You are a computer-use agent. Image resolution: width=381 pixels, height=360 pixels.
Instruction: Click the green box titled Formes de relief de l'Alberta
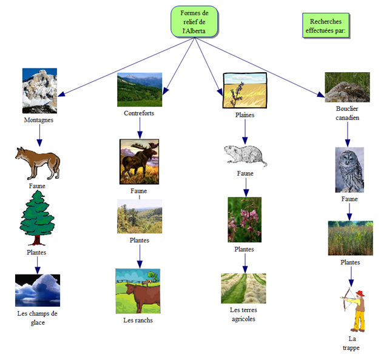coord(194,22)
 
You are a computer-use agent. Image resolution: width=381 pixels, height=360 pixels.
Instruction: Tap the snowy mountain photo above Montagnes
coord(39,90)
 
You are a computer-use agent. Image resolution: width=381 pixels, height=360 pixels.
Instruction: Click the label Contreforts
coord(139,113)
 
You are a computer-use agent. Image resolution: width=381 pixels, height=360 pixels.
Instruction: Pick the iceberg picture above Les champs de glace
coord(38,290)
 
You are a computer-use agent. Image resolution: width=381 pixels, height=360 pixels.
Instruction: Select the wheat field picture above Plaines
coord(244,90)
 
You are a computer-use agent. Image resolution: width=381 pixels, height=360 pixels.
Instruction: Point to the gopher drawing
coord(244,156)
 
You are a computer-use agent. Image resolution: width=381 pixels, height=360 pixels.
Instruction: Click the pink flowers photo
coord(244,219)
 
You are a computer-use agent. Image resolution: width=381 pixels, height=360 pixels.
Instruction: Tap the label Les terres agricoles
coord(243,314)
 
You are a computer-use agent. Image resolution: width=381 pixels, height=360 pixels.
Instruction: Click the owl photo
coord(349,169)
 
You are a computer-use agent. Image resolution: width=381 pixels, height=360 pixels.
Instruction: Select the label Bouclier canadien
coord(347,113)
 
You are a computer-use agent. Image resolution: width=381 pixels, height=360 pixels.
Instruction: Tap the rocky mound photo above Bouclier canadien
coord(347,88)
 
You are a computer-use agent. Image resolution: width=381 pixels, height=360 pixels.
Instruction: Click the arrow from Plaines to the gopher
coord(244,130)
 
